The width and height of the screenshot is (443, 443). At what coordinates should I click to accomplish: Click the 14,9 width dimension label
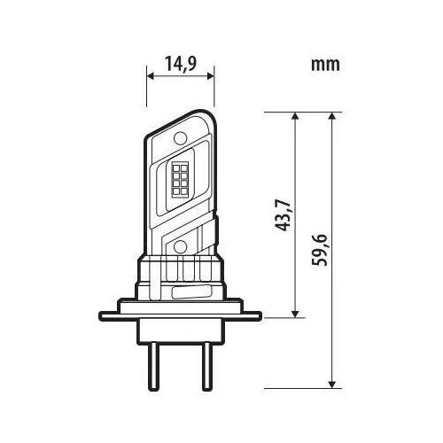point(181,64)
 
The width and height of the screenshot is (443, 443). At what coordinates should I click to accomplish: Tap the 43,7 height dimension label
point(282,215)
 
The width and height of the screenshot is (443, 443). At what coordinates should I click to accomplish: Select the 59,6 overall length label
point(320,250)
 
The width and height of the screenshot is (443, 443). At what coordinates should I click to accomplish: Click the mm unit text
point(325,65)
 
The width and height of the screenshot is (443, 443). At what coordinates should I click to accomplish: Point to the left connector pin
point(153,366)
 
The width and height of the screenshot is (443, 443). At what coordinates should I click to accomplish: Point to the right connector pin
point(206,366)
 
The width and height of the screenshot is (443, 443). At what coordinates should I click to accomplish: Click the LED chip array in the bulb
point(180,179)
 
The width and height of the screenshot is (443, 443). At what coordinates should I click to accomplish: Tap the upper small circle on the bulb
point(181,138)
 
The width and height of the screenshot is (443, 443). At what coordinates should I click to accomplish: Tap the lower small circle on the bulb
point(180,246)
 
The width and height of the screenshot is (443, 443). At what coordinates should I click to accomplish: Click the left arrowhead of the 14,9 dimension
point(150,76)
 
